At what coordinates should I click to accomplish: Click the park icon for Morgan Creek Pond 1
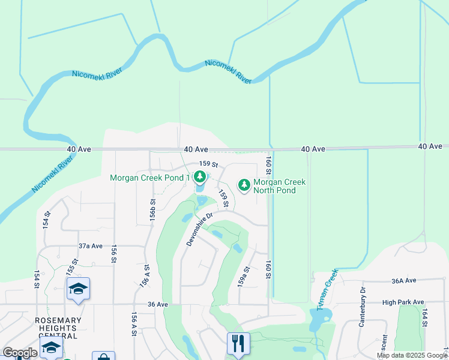200,177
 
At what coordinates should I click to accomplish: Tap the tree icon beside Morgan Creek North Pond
244,185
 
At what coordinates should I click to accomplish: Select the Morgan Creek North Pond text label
279,186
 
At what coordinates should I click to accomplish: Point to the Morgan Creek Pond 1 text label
150,178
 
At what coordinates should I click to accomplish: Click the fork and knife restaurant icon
238,344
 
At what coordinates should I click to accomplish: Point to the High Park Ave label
403,302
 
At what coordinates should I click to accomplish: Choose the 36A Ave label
403,280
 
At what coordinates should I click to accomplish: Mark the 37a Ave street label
91,246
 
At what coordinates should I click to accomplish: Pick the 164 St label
424,317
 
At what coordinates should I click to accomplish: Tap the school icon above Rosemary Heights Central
78,290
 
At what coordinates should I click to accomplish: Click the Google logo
20,353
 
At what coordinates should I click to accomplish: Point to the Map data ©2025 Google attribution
412,355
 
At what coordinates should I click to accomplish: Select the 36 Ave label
157,304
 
